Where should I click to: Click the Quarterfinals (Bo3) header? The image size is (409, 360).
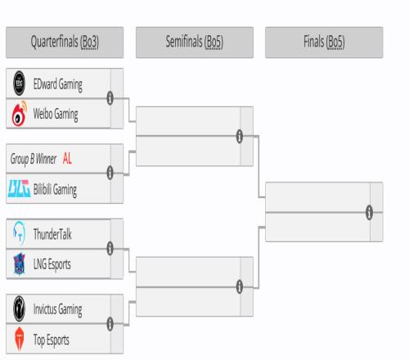click(65, 43)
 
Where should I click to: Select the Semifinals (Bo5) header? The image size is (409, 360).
click(195, 43)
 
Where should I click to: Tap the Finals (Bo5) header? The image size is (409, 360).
click(324, 43)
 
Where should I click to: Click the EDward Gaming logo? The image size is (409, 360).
click(20, 83)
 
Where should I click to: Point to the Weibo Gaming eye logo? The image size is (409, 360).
click(19, 114)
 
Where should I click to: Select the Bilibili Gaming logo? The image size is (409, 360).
click(19, 188)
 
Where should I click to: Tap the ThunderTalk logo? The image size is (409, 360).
click(19, 234)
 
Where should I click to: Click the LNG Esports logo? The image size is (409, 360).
click(20, 263)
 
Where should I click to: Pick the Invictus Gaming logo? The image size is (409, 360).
click(20, 308)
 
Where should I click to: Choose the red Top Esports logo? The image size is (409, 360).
click(20, 339)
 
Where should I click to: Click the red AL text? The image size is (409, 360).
click(67, 158)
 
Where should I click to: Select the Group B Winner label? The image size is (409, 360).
click(34, 159)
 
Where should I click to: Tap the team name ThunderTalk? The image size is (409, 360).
click(52, 234)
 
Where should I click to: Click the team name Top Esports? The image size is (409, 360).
click(52, 340)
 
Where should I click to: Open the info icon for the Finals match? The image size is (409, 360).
click(369, 212)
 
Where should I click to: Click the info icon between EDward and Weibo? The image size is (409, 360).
click(110, 98)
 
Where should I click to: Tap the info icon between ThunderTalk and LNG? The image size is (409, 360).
click(110, 249)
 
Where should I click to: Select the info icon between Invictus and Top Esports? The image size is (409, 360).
click(110, 324)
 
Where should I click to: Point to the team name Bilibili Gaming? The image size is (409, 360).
click(55, 190)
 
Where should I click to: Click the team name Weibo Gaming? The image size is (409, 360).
click(56, 115)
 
